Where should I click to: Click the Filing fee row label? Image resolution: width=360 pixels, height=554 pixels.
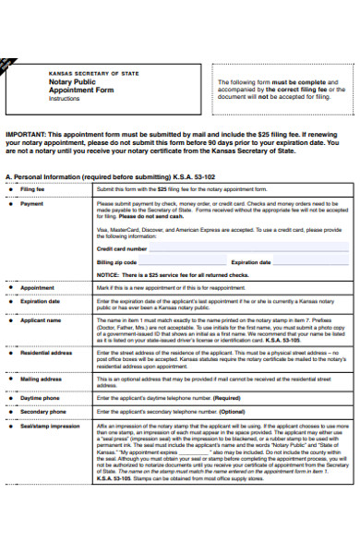tap(33, 188)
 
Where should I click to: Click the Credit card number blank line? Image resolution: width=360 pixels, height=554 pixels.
tap(203, 249)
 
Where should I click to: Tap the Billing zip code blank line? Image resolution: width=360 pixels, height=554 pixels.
tap(180, 262)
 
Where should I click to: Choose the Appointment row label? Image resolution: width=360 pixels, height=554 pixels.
tap(37, 288)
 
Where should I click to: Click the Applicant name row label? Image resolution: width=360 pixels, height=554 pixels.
tap(41, 319)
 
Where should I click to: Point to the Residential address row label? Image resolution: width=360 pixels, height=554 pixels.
tap(46, 352)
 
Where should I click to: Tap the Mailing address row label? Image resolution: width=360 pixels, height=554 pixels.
tap(42, 379)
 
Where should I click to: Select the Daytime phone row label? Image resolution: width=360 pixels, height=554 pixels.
tap(40, 397)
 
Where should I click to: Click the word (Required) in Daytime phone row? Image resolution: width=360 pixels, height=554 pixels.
tap(227, 397)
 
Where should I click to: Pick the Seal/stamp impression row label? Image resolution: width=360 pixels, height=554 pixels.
tap(50, 426)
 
